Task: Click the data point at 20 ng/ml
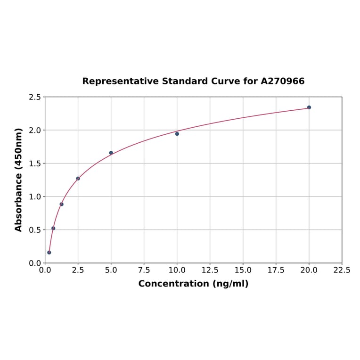[x=309, y=107]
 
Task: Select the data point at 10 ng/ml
[x=177, y=134]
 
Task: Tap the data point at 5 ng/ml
[x=111, y=153]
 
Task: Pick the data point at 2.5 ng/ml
[x=78, y=179]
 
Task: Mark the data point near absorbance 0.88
[x=62, y=204]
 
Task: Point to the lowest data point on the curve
[x=49, y=253]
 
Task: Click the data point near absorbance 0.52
[x=53, y=228]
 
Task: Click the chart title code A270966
[x=283, y=81]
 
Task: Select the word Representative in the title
[x=120, y=81]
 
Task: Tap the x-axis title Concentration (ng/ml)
[x=193, y=284]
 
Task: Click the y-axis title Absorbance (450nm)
[x=19, y=180]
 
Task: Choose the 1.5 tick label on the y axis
[x=35, y=164]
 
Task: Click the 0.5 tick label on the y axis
[x=35, y=230]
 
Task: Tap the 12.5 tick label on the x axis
[x=210, y=270]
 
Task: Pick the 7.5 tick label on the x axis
[x=144, y=270]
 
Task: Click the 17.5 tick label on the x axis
[x=276, y=270]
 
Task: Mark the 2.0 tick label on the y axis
[x=35, y=130]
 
